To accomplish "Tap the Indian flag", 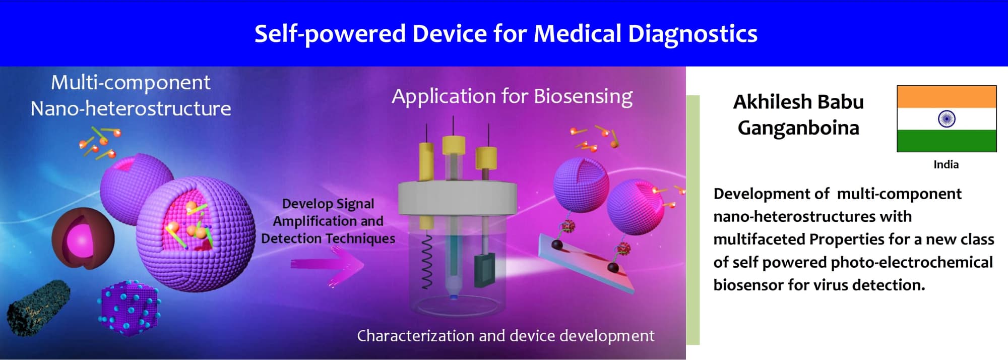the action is pyautogui.click(x=947, y=118).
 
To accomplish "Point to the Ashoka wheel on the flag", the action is pyautogui.click(x=947, y=119).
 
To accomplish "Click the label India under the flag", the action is pyautogui.click(x=946, y=164).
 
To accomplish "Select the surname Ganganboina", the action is pyautogui.click(x=798, y=128).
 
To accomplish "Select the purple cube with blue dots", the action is pyautogui.click(x=129, y=309).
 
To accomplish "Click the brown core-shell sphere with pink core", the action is pyautogui.click(x=83, y=238).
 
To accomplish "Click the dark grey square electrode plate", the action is pyautogui.click(x=484, y=270).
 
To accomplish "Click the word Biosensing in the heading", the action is pyautogui.click(x=583, y=97).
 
